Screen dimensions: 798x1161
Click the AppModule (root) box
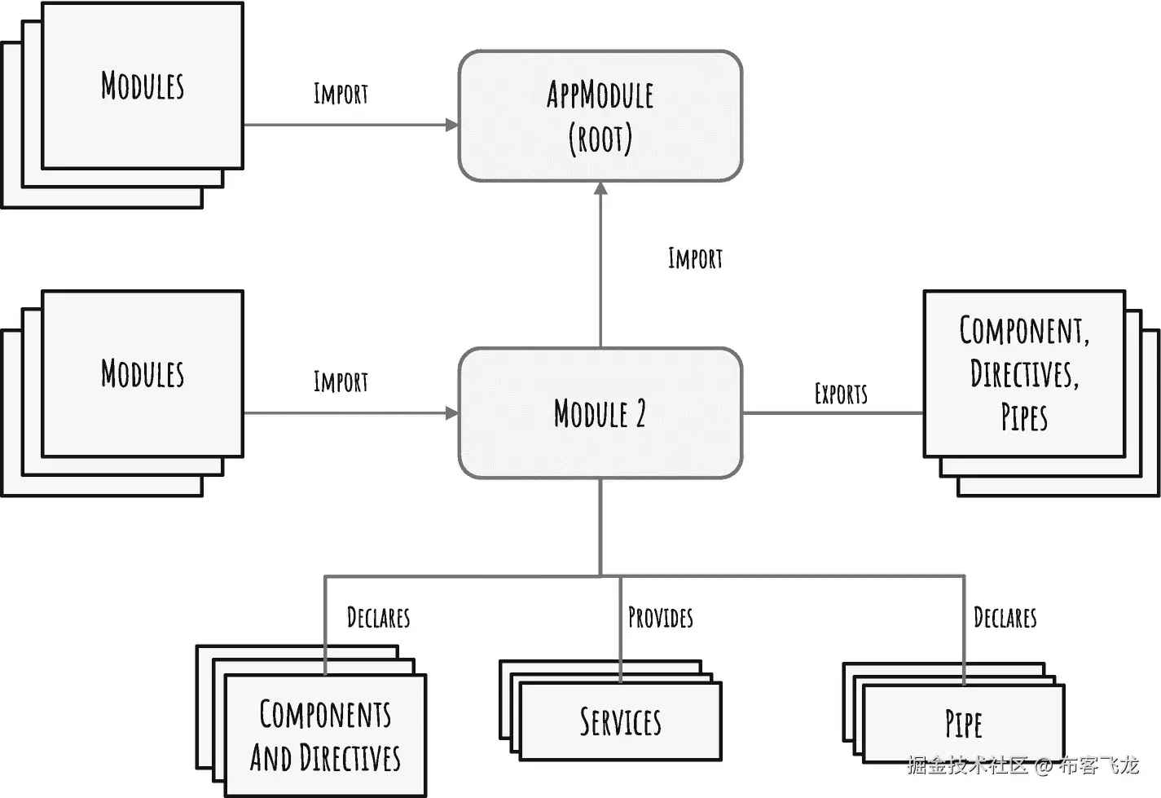point(600,116)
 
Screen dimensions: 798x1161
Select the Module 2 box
point(600,413)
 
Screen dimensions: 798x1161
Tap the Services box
point(620,721)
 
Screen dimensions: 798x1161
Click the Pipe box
point(963,723)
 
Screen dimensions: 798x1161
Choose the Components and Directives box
point(325,735)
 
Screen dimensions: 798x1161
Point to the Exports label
point(841,395)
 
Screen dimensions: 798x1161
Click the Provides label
point(660,618)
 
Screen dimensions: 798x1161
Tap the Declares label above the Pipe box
point(1005,618)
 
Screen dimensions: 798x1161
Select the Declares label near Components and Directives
point(378,618)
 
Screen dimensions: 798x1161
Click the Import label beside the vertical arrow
point(695,259)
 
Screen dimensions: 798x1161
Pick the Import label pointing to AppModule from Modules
point(341,95)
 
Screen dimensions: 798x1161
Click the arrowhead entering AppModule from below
point(600,188)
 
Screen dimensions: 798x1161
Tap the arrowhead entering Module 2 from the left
point(452,413)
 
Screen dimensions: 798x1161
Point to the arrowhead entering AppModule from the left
point(452,125)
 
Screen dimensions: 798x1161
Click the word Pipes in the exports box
point(1024,417)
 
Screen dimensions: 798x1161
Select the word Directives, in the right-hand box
point(1024,374)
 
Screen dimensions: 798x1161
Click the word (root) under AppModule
point(600,139)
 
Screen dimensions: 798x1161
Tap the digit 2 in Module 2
point(640,414)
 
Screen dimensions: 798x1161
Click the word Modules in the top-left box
point(143,86)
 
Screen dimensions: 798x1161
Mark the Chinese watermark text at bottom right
point(1023,765)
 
